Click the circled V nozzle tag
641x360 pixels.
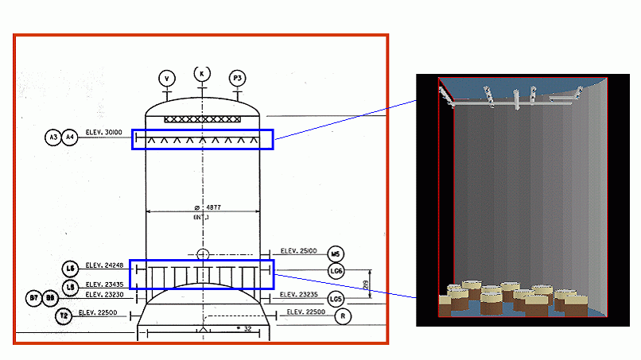(x=167, y=78)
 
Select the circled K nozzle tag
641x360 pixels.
(x=202, y=73)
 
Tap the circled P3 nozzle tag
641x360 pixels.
(x=236, y=78)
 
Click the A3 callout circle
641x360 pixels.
(x=53, y=137)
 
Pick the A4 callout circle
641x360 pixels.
(x=70, y=137)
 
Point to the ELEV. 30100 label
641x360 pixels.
(x=104, y=133)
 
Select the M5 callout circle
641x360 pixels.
(x=335, y=254)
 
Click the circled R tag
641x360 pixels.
(x=344, y=315)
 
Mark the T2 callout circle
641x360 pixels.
(x=64, y=315)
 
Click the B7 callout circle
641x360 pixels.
(x=34, y=298)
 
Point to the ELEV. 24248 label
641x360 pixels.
(x=104, y=266)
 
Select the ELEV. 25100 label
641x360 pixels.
(x=299, y=251)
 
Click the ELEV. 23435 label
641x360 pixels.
(x=104, y=284)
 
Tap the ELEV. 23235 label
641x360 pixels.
(x=299, y=295)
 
